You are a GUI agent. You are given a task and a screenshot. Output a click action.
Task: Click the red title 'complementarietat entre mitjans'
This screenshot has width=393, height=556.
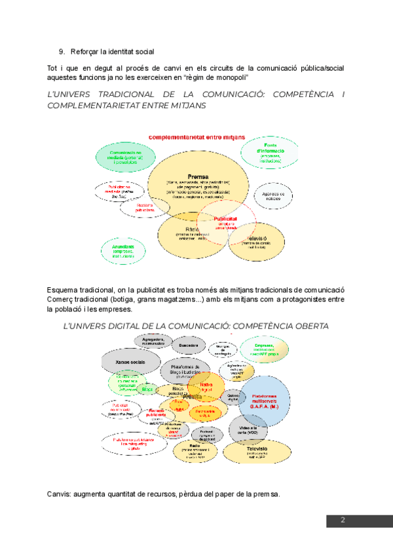196,137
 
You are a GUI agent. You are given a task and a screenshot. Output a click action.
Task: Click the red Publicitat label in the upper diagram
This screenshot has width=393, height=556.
225,219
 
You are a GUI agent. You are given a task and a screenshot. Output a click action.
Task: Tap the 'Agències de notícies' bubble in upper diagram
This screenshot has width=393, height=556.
272,195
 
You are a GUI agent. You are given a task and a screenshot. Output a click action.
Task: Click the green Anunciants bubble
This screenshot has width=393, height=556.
123,250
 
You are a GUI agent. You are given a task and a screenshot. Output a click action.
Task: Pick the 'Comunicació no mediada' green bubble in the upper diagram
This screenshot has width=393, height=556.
121,156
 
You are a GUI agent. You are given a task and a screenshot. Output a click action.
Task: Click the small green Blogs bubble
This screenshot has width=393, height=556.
147,389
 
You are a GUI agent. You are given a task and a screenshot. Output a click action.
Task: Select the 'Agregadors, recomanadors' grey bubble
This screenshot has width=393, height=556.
153,340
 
